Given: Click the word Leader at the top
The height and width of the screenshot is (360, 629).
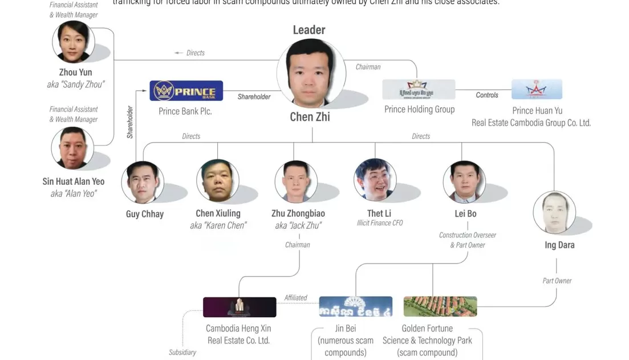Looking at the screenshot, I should tap(309, 30).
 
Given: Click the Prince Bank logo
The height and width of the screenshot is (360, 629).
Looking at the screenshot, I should tap(186, 91).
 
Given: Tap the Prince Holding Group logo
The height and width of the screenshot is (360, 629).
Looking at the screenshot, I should tap(419, 90).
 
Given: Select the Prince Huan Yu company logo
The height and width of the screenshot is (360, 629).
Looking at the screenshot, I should tap(537, 90).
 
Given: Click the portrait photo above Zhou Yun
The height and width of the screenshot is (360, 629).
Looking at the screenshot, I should tap(74, 42).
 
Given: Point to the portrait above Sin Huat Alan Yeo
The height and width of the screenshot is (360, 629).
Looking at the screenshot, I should tap(72, 148).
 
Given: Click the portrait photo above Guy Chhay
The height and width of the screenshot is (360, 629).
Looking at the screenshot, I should tap(143, 182).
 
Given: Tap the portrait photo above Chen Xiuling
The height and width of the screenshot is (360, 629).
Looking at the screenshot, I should tap(218, 181).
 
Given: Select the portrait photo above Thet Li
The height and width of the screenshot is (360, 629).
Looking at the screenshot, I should tap(375, 180).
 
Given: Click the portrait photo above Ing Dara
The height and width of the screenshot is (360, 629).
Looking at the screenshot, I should tap(554, 212).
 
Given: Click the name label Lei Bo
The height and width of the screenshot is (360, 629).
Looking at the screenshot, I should tap(465, 213).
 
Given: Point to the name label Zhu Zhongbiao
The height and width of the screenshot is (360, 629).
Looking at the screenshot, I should tap(298, 213).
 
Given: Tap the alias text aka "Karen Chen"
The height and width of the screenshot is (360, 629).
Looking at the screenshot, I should tap(218, 225).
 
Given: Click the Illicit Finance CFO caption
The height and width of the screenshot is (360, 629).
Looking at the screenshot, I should tap(380, 223).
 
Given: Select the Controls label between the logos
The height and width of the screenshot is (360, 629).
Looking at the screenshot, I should tap(487, 95).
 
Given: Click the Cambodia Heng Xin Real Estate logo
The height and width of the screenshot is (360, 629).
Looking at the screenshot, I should tap(240, 307).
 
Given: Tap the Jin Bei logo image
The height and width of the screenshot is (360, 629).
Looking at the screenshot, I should tap(355, 306).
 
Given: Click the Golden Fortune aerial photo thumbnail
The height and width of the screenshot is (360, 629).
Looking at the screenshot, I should tap(440, 306).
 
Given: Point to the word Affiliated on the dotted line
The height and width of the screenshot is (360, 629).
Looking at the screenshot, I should tap(295, 298).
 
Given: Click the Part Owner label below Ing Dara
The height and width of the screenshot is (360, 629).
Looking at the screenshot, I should tap(557, 281).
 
